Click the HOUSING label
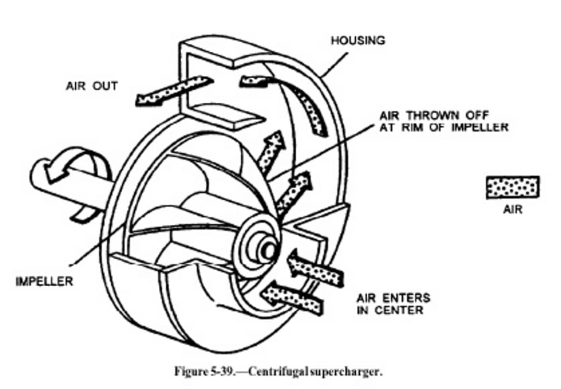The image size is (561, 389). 358,40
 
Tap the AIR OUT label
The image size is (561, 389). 91,86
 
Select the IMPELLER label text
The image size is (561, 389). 44,281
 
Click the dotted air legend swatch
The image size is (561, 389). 513,187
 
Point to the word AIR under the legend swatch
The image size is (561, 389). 513,209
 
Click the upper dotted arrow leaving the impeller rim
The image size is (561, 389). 271,148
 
